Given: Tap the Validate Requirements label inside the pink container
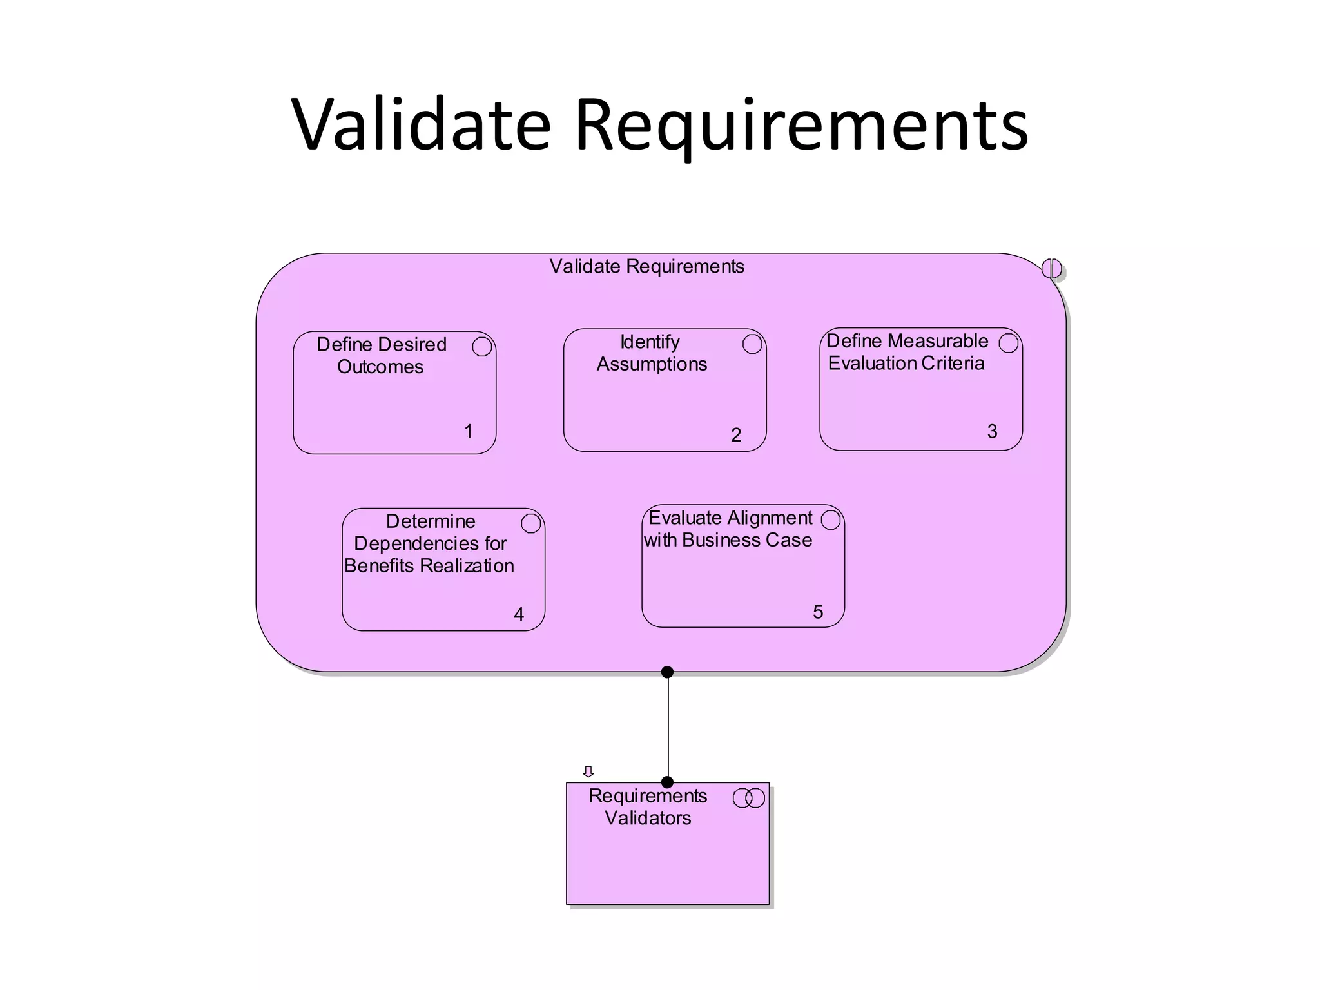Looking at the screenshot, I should pos(646,266).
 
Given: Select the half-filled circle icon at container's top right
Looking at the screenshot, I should pos(1051,268).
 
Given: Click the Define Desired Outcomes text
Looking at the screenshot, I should pos(381,355).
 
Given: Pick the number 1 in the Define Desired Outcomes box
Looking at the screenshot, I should pos(469,431).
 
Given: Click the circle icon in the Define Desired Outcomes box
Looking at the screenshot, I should pos(481,346).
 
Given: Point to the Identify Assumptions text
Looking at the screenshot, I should pos(651,353).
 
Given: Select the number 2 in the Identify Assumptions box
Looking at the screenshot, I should pos(736,435).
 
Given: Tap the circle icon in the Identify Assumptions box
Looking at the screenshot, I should pos(752,344).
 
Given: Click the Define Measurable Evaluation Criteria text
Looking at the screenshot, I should pos(906,352).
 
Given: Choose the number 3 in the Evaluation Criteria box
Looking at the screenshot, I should pos(992,431).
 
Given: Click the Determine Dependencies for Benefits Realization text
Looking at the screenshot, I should pos(429,543).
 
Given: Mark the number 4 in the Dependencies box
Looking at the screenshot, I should pos(519,614).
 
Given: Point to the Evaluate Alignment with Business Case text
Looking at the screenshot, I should pos(729,529).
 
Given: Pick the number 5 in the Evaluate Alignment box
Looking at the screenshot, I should pos(818,612).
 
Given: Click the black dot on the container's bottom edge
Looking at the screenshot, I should pos(667,672).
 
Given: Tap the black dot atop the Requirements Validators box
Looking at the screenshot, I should pos(667,782).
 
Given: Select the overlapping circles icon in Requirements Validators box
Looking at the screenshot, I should pos(748,798).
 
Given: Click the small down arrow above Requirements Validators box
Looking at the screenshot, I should pos(588,772).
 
